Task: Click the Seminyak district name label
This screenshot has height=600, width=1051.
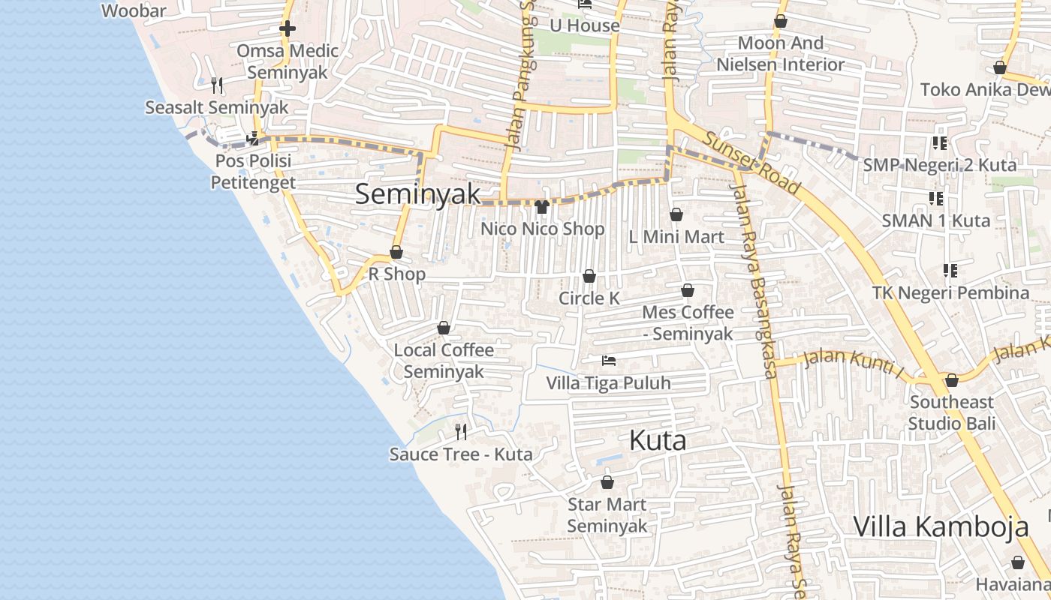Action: (417, 193)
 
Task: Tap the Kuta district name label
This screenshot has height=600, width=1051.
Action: (658, 440)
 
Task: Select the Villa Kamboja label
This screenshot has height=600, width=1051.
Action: (941, 526)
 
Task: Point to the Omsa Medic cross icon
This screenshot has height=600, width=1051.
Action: (287, 29)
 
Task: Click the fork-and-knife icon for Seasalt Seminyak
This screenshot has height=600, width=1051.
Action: (217, 85)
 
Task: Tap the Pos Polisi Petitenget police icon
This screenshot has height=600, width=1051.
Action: (253, 138)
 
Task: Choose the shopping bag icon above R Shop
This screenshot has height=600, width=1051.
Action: (396, 252)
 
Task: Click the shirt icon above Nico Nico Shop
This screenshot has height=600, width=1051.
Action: (542, 206)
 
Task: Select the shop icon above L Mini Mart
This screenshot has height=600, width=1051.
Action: (676, 214)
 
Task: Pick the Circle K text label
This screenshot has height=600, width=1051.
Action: (589, 298)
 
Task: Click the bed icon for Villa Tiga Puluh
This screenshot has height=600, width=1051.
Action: (609, 361)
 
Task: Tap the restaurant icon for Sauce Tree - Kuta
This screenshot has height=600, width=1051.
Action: (461, 431)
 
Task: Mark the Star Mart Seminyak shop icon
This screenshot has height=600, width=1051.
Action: (607, 482)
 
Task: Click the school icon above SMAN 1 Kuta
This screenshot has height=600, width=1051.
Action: (935, 198)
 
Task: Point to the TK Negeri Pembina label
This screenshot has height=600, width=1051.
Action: (950, 292)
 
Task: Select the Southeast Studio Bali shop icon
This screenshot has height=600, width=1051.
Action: (951, 380)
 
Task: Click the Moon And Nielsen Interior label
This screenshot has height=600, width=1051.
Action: (781, 54)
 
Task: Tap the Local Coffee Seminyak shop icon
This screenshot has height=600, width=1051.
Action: (444, 328)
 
